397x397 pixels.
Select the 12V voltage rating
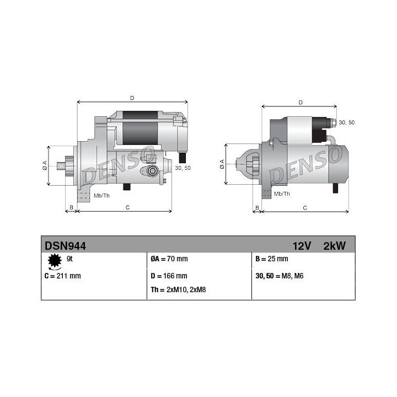303,246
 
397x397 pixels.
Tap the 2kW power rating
334,246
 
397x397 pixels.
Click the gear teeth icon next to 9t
54,260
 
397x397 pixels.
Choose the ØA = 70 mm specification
169,259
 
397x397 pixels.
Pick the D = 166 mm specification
169,276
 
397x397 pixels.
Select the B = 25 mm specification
272,259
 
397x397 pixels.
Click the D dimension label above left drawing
132,98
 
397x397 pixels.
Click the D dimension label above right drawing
300,102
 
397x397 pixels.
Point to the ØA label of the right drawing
222,164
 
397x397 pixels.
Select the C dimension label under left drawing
127,207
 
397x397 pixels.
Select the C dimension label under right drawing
305,207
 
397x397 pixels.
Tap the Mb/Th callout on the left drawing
101,196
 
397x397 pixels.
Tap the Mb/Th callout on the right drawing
282,194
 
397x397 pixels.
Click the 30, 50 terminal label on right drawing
347,122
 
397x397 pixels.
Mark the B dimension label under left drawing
70,207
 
